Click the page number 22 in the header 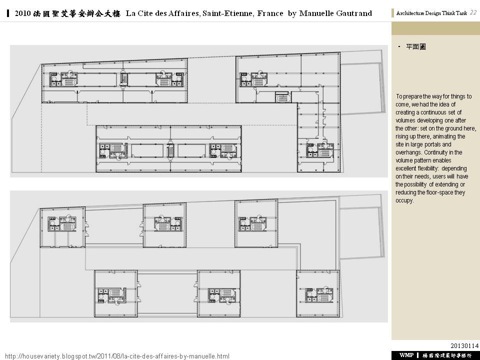[473, 12]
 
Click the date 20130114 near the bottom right [464, 346]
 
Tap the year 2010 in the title [22, 13]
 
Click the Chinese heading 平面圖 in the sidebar [415, 47]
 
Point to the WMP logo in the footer [406, 355]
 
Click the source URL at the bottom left [117, 356]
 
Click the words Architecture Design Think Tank [431, 13]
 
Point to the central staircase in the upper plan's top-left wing [124, 79]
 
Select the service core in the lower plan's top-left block [62, 224]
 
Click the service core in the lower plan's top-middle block [168, 223]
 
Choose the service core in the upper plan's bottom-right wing [320, 150]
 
